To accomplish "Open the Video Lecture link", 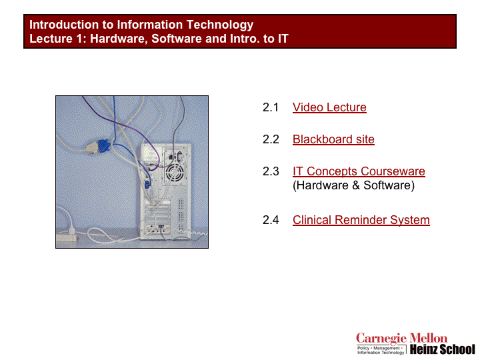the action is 329,107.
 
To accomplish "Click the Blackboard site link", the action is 333,139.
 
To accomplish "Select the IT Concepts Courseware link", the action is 359,171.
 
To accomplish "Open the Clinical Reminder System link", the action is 361,220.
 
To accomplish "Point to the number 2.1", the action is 271,107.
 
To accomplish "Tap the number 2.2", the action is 271,139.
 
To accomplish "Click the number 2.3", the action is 271,171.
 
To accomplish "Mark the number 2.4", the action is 271,220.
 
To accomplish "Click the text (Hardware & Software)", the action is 353,185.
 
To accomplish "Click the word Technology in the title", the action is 220,25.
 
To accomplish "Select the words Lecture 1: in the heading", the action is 56,39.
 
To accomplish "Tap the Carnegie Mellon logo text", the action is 401,339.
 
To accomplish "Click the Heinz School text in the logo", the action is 443,349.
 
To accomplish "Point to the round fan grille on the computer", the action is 175,173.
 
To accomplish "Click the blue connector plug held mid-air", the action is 104,146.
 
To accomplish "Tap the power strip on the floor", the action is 67,237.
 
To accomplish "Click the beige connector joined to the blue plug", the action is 91,148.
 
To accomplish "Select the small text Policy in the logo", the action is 363,348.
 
